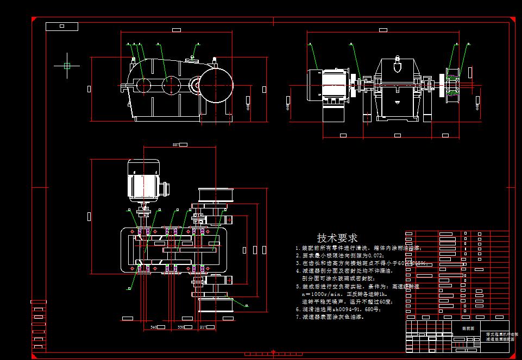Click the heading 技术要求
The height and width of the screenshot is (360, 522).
337,238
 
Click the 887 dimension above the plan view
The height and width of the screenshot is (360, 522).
175,145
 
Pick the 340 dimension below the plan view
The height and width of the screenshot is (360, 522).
154,327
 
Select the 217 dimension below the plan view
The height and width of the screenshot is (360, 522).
203,327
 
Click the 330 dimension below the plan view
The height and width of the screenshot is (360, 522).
181,327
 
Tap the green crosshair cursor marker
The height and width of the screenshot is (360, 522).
67,66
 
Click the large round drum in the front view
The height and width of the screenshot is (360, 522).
217,85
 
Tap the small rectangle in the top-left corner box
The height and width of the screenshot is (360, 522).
61,26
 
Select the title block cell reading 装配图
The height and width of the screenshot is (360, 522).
468,328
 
